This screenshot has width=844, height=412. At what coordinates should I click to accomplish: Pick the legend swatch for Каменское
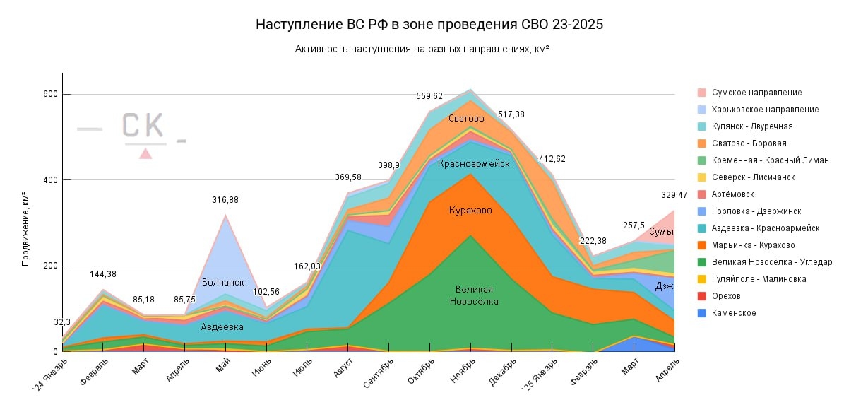(x=701, y=313)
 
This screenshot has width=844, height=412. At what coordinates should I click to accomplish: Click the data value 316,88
(x=225, y=200)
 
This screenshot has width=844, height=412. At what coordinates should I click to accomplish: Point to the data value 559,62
(x=429, y=96)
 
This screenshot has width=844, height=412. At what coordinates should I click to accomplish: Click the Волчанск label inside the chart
(x=222, y=283)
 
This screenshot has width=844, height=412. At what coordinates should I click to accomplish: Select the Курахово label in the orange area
(x=470, y=211)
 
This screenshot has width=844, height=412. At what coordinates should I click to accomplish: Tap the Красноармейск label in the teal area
(x=473, y=164)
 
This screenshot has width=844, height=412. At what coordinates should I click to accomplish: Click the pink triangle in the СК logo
(x=145, y=153)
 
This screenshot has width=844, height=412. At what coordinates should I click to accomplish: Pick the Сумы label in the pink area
(x=661, y=232)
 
